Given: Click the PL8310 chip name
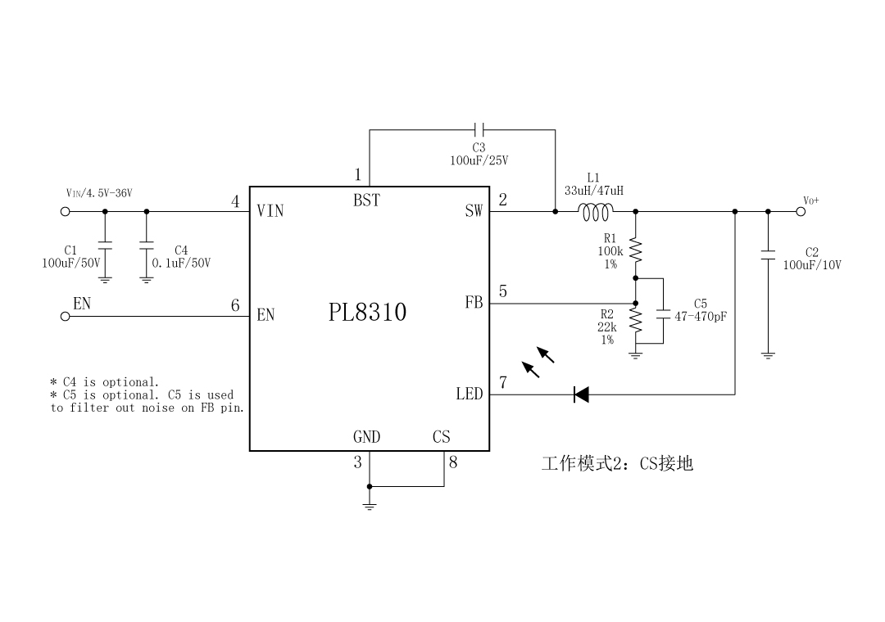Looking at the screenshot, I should (x=367, y=313).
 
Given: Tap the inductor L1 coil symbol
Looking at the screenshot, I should (x=596, y=213).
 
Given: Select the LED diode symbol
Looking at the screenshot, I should (x=582, y=395).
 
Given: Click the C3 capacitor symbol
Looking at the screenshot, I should (x=480, y=129).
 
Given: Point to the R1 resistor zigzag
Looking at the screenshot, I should (x=636, y=249).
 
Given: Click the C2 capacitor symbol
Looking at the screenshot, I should (x=768, y=255).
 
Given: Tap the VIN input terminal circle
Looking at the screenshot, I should (x=66, y=212).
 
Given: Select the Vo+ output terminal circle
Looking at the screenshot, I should (x=801, y=212).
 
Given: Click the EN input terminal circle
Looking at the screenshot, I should (x=66, y=318).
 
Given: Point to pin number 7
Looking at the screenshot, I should (x=503, y=382).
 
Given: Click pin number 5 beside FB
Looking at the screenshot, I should (x=503, y=291).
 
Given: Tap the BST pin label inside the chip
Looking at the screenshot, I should (x=366, y=201).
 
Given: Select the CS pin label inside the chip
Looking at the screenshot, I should (x=441, y=437).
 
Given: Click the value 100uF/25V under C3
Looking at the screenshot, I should (x=479, y=160).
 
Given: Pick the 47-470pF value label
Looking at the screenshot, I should (x=701, y=316).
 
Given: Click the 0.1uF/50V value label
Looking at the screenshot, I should (x=181, y=264).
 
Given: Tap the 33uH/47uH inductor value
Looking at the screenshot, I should (x=593, y=191).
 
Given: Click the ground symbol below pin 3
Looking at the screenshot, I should (x=370, y=506).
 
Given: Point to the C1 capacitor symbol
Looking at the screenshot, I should (x=105, y=246).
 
